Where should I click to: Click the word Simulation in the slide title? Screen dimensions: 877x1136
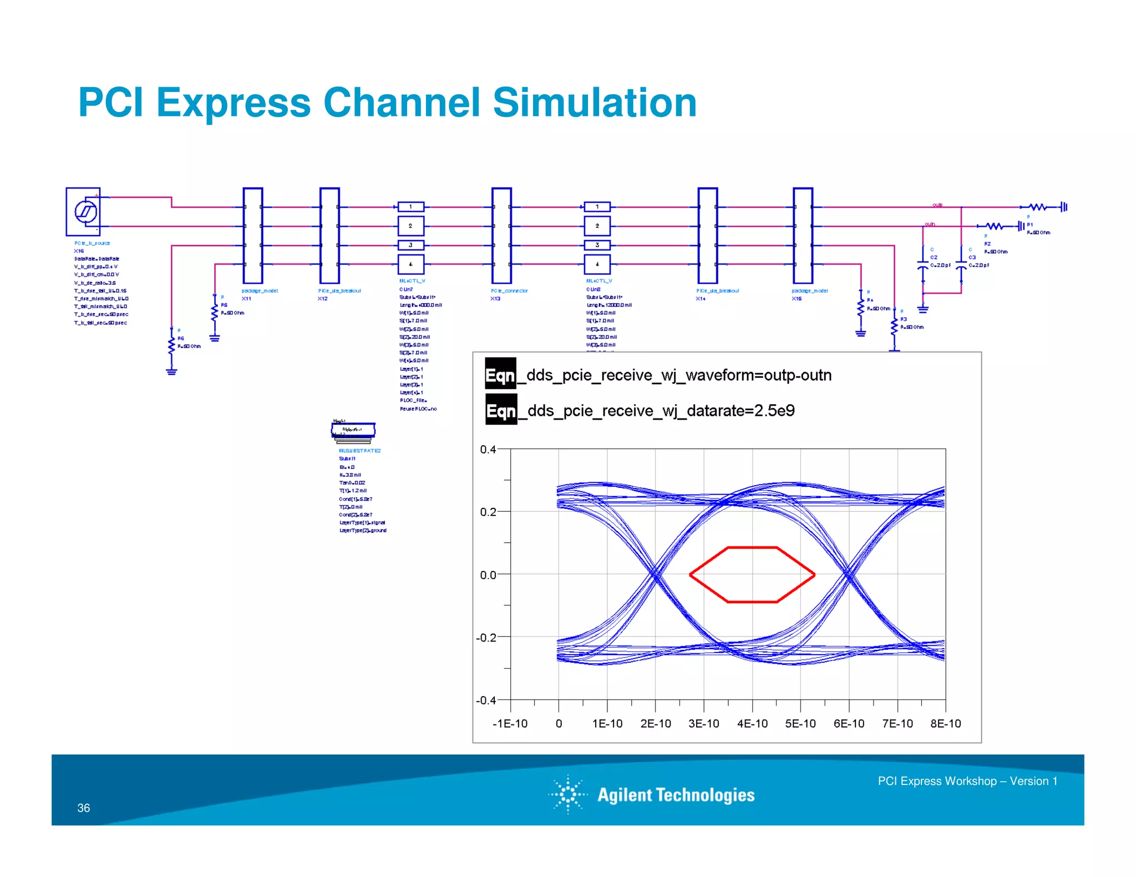point(594,103)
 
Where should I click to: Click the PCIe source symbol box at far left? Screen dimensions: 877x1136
point(83,212)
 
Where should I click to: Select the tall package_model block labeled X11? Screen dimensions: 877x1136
point(253,236)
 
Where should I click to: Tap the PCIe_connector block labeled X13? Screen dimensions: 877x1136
point(501,236)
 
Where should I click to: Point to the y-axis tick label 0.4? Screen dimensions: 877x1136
point(488,450)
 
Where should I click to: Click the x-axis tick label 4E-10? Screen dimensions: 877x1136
point(752,723)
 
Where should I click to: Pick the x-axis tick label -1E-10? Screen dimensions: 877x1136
point(510,723)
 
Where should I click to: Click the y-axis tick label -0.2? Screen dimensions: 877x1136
point(486,638)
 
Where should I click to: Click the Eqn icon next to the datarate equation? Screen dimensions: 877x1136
point(501,410)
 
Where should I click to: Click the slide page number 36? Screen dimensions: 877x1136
point(83,808)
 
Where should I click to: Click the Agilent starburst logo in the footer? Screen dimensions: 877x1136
point(568,794)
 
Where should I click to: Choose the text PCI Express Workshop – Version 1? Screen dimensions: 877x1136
point(967,781)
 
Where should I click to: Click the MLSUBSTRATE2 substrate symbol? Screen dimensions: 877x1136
point(353,431)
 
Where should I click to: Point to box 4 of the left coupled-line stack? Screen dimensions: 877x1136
point(410,264)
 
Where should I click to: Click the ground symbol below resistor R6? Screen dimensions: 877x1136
point(171,371)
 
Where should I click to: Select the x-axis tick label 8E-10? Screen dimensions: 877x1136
point(945,723)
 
